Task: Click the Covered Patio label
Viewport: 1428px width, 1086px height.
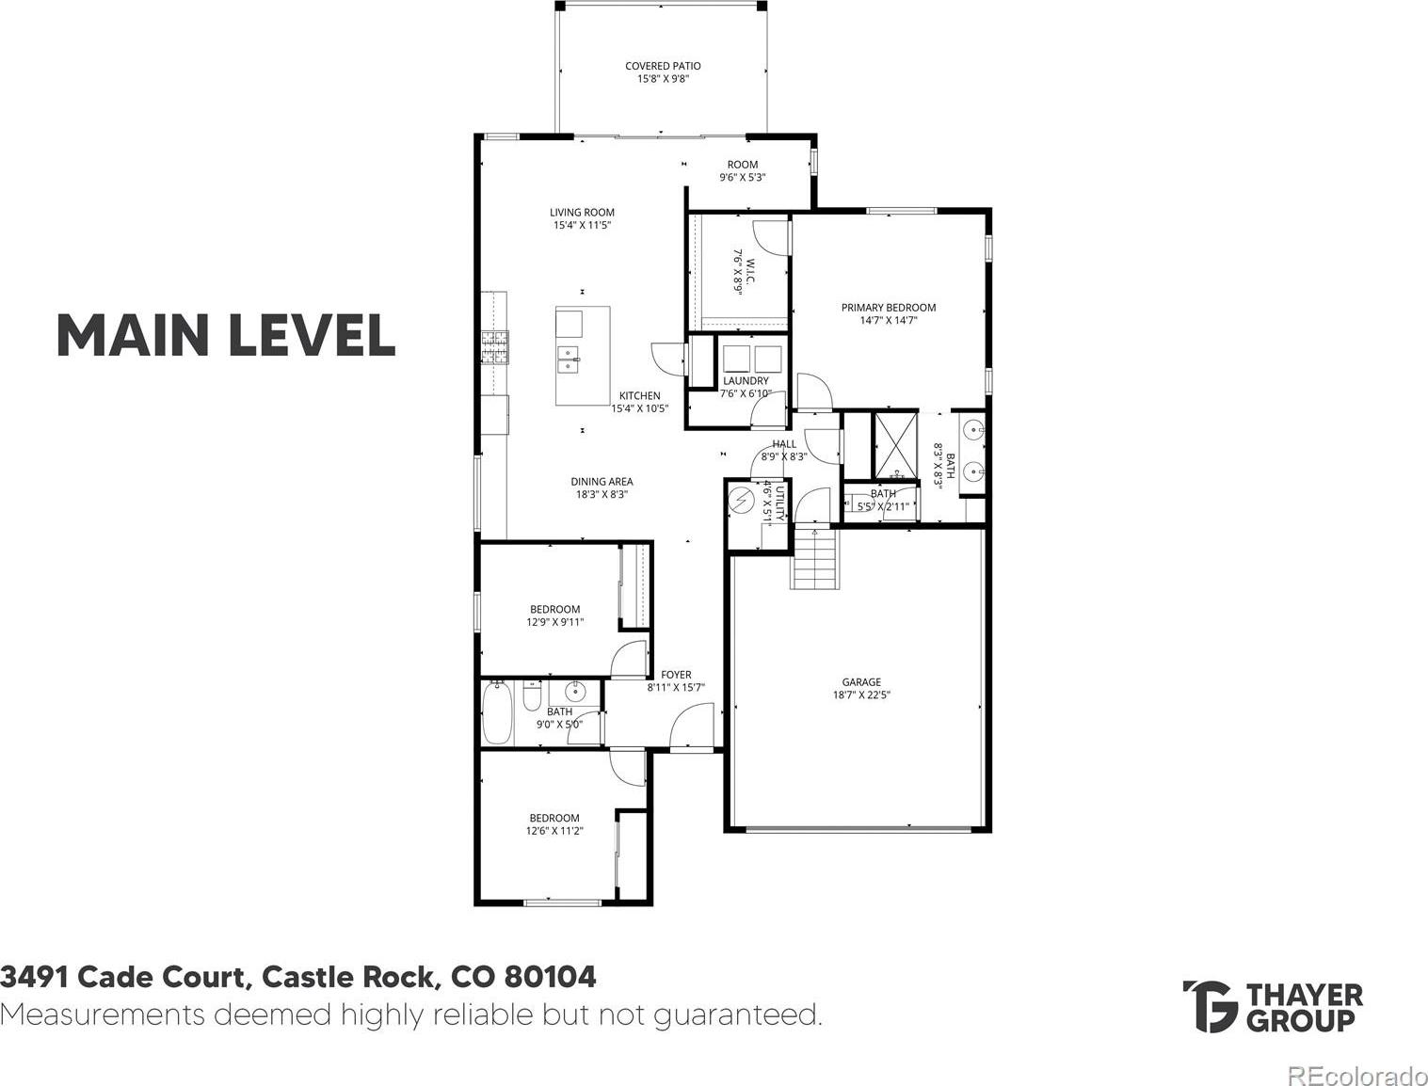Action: point(663,72)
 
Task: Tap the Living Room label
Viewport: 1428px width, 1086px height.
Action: point(582,218)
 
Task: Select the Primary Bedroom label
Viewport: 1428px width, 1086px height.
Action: point(889,313)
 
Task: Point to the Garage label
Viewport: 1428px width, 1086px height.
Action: point(861,688)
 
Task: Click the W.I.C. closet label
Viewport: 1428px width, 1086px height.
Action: point(744,272)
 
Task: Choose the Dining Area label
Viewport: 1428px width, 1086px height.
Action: point(602,487)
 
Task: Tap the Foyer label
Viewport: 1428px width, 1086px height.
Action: point(676,680)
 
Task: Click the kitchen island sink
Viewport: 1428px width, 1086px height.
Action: point(568,359)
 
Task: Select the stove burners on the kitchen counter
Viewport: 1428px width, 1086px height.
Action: point(495,347)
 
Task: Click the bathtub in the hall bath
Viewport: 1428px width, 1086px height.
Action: point(497,712)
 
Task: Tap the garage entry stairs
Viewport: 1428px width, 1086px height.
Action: point(813,558)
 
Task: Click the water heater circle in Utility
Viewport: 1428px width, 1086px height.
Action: point(740,500)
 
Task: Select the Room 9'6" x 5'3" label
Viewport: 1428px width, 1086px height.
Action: point(743,171)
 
